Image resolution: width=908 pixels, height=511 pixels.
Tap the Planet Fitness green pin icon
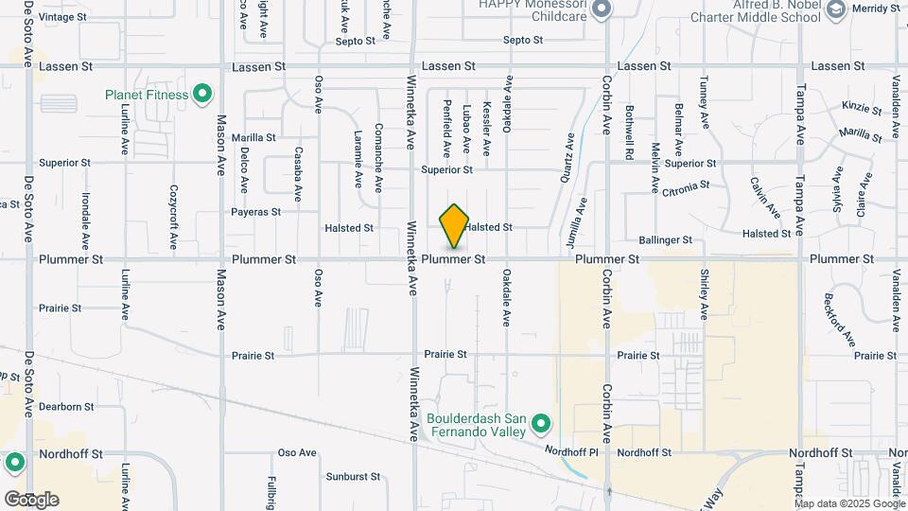(201, 94)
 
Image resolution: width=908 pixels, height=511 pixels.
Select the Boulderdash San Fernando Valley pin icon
(541, 423)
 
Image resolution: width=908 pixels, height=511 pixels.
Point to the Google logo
(31, 500)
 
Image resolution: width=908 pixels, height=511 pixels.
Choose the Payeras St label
(255, 212)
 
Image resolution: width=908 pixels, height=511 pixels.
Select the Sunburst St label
(353, 476)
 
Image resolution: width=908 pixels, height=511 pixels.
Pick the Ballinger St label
(666, 240)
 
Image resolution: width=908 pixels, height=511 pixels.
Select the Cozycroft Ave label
(174, 218)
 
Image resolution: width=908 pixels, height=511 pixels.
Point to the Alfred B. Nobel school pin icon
(835, 10)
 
